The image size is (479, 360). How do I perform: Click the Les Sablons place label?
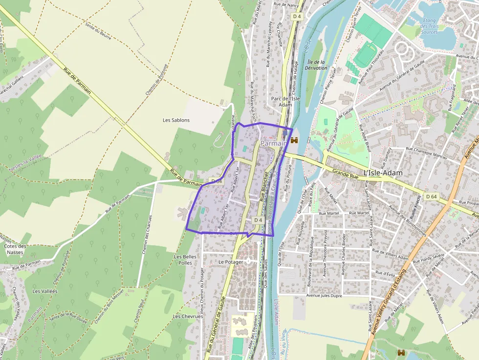pyautogui.click(x=176, y=120)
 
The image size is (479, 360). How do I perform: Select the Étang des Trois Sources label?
pyautogui.click(x=429, y=26)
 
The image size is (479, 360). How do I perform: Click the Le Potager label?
pyautogui.click(x=231, y=262)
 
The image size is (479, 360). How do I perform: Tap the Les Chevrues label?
pyautogui.click(x=188, y=317)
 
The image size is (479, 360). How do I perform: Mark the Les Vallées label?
pyautogui.click(x=44, y=291)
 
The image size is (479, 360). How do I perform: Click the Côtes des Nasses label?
pyautogui.click(x=15, y=249)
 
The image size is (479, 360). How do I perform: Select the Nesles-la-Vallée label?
pyautogui.click(x=25, y=163)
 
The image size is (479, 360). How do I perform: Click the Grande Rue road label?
pyautogui.click(x=346, y=172)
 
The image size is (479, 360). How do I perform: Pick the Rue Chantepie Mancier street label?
pyautogui.click(x=426, y=153)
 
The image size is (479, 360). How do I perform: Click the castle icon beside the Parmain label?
pyautogui.click(x=294, y=141)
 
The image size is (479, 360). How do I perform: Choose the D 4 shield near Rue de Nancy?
pyautogui.click(x=297, y=16)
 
